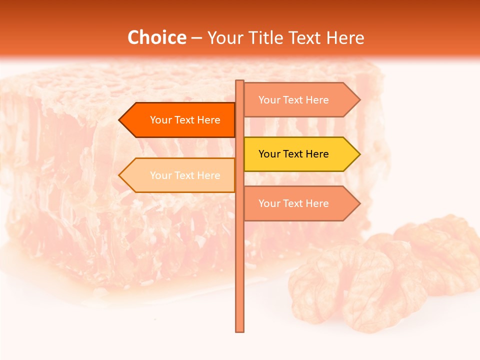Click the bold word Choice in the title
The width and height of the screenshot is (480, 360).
[156, 37]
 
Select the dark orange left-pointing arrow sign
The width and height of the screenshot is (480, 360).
[177, 120]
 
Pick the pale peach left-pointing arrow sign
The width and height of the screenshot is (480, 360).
[177, 175]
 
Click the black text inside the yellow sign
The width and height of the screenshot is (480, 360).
[293, 154]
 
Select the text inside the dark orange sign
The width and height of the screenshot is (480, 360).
[185, 120]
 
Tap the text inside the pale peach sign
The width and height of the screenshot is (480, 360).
[185, 175]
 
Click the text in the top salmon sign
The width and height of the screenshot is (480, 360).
[293, 100]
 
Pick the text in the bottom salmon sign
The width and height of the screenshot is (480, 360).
[293, 203]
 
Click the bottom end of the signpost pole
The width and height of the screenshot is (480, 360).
[239, 330]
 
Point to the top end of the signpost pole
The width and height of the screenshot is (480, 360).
[239, 82]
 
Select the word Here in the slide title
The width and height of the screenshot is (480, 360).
[345, 37]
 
